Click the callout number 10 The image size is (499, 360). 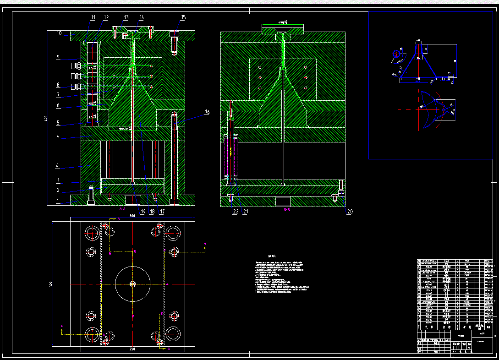tap(59, 33)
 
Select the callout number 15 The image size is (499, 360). tap(183, 18)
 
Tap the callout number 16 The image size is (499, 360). tap(207, 112)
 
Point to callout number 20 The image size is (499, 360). tap(350, 212)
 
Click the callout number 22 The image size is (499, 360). tap(236, 212)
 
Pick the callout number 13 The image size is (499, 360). tap(126, 18)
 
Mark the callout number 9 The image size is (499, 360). tap(58, 57)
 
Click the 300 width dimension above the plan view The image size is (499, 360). tap(132, 215)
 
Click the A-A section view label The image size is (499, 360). tap(122, 208)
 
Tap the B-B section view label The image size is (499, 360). tap(287, 209)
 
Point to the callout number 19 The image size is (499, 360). tap(143, 212)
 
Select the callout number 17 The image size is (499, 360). tap(161, 212)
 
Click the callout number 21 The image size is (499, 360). tap(246, 212)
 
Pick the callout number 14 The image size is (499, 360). tap(142, 18)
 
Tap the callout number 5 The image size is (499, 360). tap(58, 123)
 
